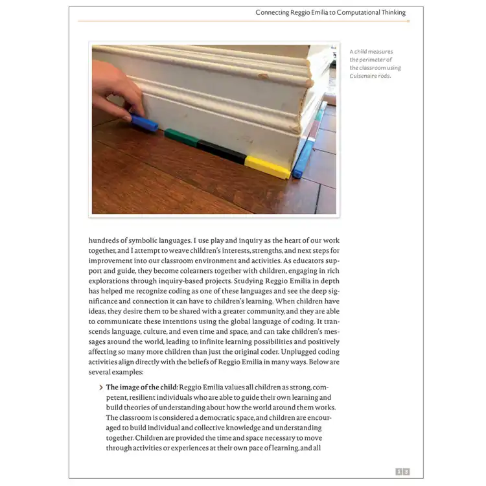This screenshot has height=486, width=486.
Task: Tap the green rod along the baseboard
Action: (181, 137)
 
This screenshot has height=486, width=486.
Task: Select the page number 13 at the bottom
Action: (402, 472)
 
